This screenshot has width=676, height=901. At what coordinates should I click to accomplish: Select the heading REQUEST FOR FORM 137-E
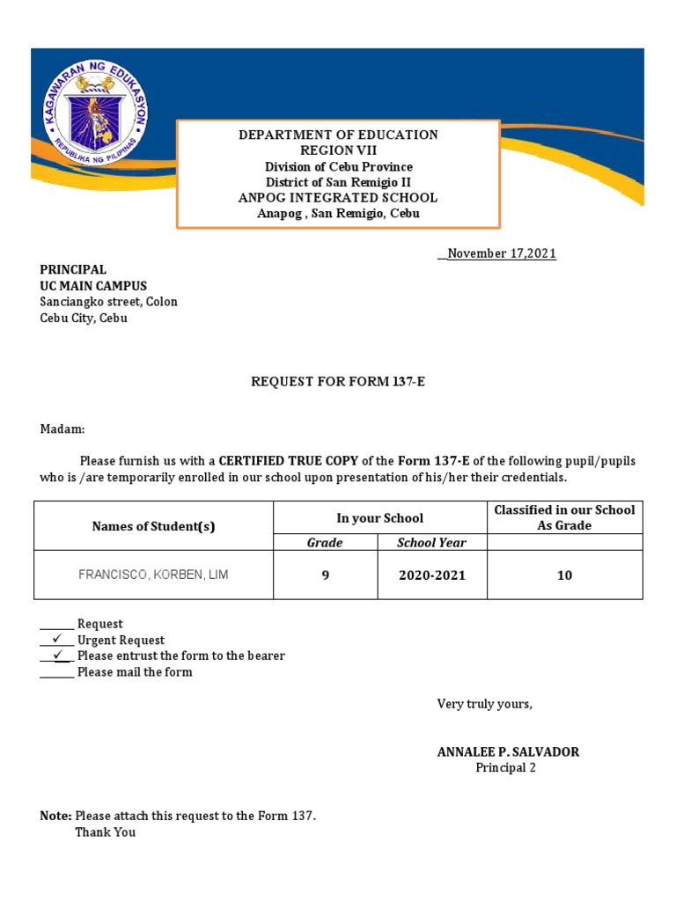click(x=338, y=382)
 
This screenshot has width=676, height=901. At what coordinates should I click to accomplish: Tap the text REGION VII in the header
click(x=338, y=150)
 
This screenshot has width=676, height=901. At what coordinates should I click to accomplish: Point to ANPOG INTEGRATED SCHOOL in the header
click(x=338, y=198)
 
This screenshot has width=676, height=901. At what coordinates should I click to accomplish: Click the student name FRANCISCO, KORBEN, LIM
click(x=153, y=575)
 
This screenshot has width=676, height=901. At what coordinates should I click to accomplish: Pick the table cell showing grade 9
click(x=325, y=575)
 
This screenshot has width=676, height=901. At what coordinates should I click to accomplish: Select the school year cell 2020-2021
click(x=431, y=575)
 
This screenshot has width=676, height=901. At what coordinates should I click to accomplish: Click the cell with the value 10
click(x=564, y=575)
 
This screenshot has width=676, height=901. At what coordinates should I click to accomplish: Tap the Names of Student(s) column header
click(x=153, y=526)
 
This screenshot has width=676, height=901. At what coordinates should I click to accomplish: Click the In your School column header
click(x=379, y=518)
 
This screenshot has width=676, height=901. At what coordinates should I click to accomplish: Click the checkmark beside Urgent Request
click(x=57, y=640)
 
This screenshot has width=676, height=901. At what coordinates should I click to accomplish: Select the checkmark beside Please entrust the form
click(x=57, y=656)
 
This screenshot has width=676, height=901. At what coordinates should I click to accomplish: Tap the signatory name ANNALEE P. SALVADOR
click(x=508, y=752)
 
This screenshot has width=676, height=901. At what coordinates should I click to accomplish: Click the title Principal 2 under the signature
click(x=505, y=768)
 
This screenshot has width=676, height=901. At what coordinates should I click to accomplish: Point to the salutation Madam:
click(x=62, y=429)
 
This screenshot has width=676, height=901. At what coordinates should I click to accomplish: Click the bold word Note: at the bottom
click(x=56, y=817)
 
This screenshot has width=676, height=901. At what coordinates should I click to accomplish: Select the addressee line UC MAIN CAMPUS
click(x=93, y=286)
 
